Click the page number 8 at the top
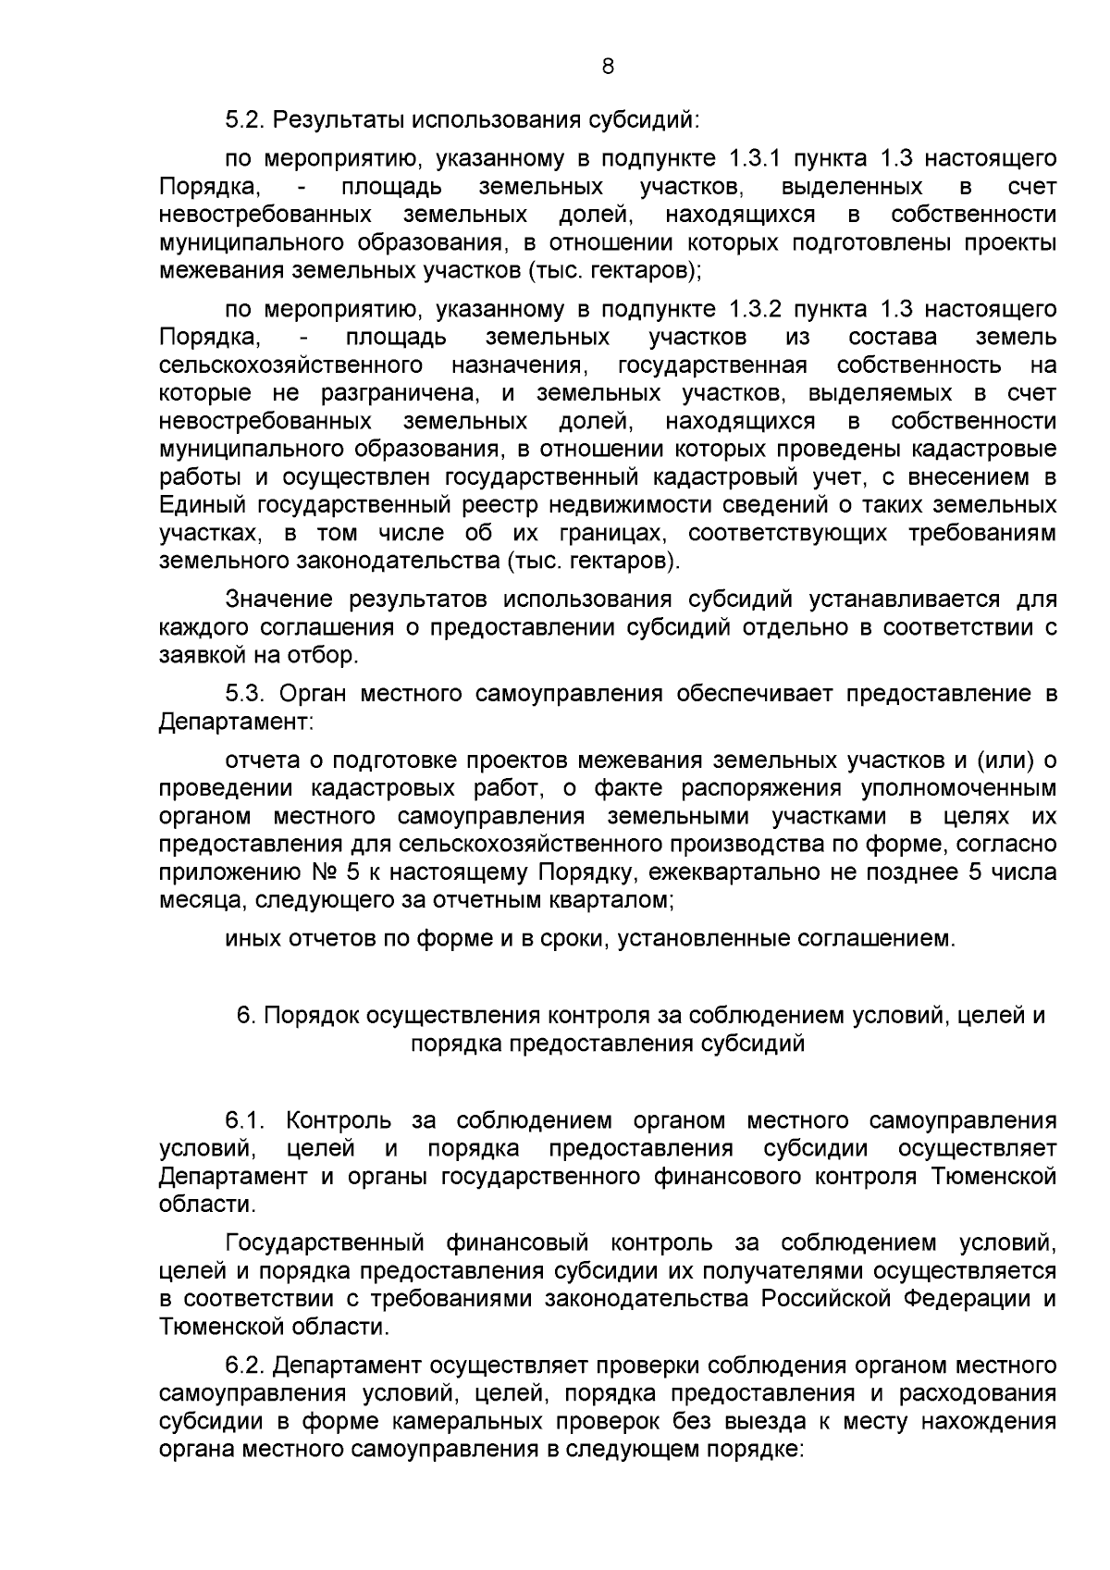click(608, 66)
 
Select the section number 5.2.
click(245, 120)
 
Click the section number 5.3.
click(245, 693)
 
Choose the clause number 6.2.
click(245, 1365)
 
